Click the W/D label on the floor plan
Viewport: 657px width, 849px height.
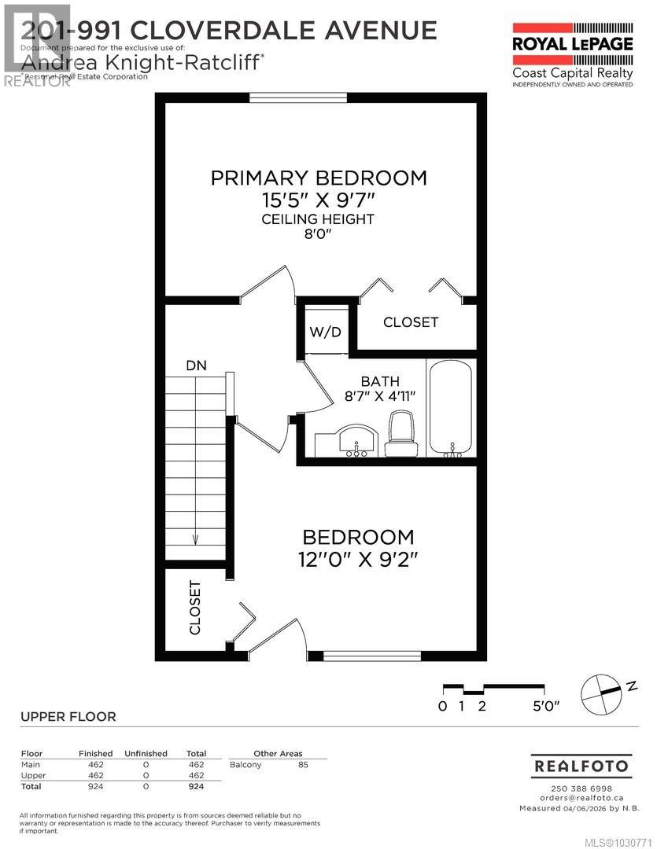325,332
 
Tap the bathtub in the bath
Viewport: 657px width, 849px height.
451,407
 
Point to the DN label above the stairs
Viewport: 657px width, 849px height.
196,366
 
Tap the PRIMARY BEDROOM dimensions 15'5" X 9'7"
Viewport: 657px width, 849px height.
319,200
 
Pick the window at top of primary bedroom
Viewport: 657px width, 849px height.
298,97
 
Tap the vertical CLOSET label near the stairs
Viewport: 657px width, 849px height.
195,608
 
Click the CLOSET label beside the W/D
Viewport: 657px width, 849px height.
411,322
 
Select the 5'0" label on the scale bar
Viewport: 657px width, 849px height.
545,706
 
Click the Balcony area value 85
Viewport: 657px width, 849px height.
303,764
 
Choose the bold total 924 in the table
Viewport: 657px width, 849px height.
195,785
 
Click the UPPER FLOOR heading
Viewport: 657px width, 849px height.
68,716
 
